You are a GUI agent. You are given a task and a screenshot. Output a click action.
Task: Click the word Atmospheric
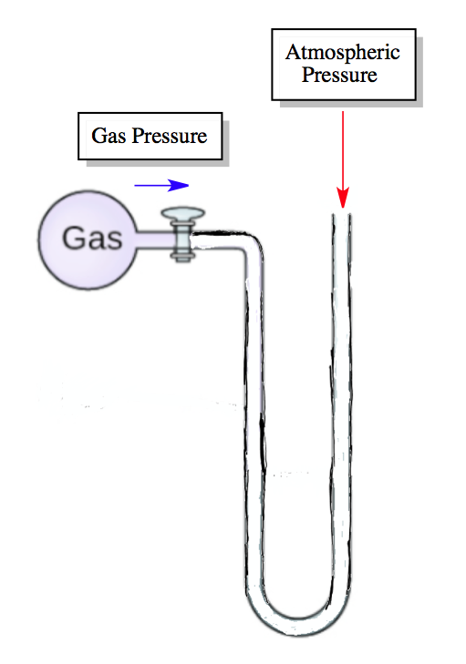342,52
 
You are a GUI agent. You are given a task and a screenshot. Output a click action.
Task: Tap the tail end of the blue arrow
137,185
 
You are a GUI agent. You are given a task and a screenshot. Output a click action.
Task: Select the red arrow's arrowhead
343,198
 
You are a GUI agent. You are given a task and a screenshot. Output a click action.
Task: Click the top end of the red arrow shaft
343,113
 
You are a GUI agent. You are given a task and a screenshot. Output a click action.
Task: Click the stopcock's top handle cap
182,215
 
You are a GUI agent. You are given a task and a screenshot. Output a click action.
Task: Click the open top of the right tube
342,215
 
